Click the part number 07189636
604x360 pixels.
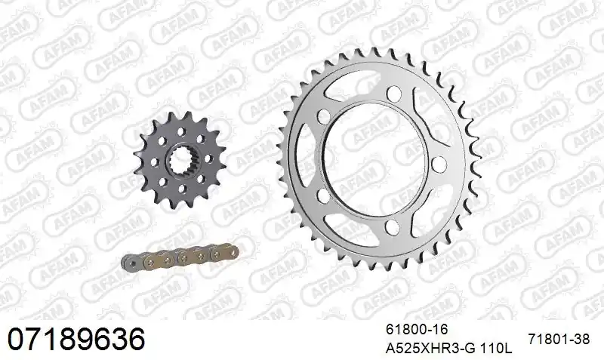pyautogui.click(x=76, y=339)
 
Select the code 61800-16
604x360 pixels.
pyautogui.click(x=417, y=330)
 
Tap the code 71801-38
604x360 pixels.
pyautogui.click(x=559, y=339)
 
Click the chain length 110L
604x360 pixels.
pyautogui.click(x=496, y=349)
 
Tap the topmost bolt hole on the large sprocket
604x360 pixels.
pyautogui.click(x=393, y=93)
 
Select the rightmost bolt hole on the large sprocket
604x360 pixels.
pyautogui.click(x=439, y=164)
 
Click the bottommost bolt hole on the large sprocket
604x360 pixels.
pyautogui.click(x=392, y=227)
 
